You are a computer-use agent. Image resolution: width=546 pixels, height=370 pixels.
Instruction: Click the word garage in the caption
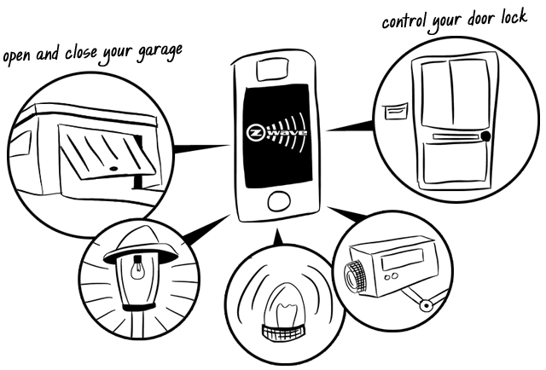tap(160, 50)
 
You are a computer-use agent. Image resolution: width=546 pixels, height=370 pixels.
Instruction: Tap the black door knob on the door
tap(485, 136)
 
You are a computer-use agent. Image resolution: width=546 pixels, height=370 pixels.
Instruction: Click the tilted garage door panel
tap(105, 154)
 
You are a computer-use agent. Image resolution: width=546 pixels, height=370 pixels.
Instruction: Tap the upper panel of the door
tap(452, 94)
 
